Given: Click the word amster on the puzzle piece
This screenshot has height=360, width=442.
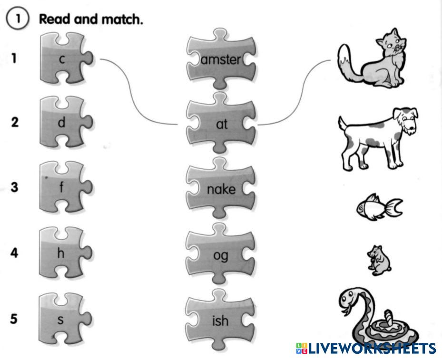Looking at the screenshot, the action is pos(221,59).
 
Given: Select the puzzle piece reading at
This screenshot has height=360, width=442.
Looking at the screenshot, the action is pos(221,123).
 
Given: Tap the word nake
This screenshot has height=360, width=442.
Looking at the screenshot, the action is pos(221,189).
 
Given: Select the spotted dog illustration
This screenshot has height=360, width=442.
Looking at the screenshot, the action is pos(378,138).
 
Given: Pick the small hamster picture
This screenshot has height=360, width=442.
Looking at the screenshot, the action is pos(379,260).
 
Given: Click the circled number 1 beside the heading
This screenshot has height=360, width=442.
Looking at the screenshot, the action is pos(18,19).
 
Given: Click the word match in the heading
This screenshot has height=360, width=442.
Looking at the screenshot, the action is pos(122,19).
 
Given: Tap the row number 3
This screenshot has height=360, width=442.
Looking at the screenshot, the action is pos(14,187).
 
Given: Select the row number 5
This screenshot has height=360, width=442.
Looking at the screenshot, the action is pos(14,319).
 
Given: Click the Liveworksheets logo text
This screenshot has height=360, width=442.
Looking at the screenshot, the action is pos(365,348).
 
